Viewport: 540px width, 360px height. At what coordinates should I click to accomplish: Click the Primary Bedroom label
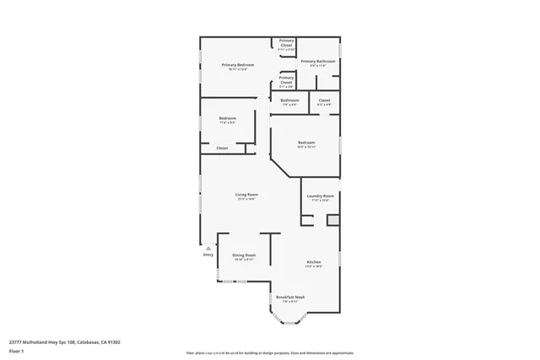click(238, 65)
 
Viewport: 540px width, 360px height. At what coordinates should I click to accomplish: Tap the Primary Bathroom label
click(318, 62)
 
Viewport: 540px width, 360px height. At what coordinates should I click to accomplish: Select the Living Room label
click(246, 195)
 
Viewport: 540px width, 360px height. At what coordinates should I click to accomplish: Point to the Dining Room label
click(245, 255)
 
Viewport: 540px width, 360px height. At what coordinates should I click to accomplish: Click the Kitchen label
click(313, 262)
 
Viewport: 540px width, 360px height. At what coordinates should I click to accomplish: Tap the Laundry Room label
click(321, 195)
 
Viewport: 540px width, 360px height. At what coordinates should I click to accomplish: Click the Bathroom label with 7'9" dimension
click(289, 100)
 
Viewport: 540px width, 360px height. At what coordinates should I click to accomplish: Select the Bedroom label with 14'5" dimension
click(306, 142)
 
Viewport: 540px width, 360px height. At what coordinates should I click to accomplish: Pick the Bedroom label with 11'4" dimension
click(227, 118)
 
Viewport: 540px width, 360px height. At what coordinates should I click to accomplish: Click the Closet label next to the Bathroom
click(324, 100)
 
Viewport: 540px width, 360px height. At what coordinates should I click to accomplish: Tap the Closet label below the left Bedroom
click(222, 148)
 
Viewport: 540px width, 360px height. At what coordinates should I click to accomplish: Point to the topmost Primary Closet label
click(287, 42)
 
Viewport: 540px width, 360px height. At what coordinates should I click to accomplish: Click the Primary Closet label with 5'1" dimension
click(287, 78)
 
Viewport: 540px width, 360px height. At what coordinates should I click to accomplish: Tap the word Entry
click(208, 255)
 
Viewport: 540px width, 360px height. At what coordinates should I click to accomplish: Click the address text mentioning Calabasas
click(65, 342)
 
